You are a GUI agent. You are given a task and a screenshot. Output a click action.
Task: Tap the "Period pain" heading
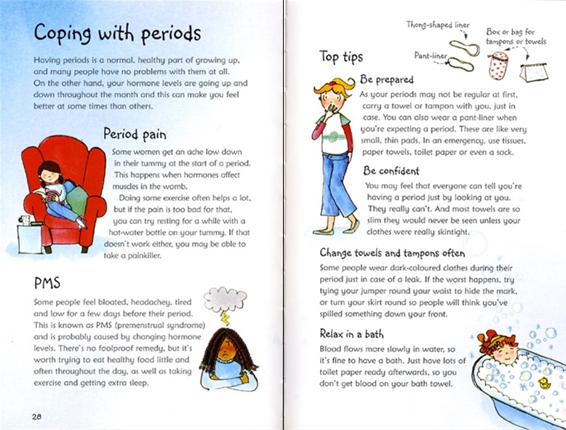click(135, 135)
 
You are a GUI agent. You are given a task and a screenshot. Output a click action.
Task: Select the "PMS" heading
click(46, 281)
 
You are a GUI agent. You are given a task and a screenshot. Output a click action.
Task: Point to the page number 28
click(35, 415)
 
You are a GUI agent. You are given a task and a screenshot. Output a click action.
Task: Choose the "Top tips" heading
click(340, 57)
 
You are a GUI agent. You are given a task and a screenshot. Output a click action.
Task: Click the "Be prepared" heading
click(386, 80)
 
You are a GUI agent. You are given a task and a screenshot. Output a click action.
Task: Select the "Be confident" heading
click(391, 171)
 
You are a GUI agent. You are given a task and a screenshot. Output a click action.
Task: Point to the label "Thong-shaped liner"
click(437, 25)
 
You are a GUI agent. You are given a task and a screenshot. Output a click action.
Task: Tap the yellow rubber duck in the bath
click(543, 383)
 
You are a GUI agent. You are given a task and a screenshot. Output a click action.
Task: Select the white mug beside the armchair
click(25, 219)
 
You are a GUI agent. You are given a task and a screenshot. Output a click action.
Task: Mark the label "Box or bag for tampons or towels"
click(517, 36)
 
